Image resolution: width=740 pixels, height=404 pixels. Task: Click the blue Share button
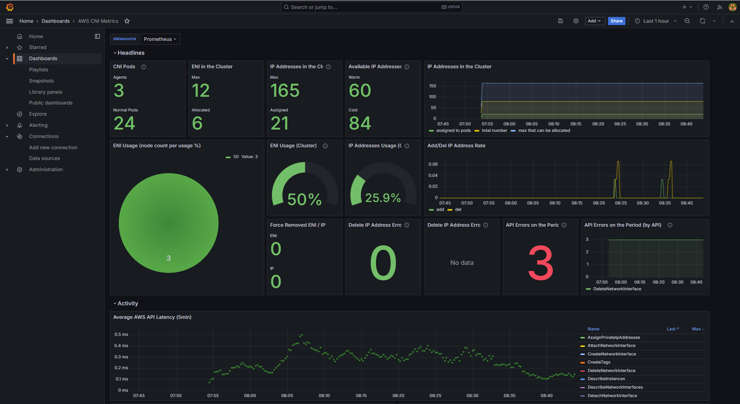[616, 21]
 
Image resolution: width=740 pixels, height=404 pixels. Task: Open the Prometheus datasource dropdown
[160, 39]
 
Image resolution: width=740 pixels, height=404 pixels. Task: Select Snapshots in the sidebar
[41, 81]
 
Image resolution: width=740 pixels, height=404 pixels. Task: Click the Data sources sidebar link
[44, 158]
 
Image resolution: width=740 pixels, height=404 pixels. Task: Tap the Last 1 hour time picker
[656, 21]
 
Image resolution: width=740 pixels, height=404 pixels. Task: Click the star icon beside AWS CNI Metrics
[127, 21]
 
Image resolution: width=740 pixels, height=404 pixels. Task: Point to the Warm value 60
[360, 91]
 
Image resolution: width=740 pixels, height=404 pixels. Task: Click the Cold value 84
[360, 123]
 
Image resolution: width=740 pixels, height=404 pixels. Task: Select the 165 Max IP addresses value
[285, 91]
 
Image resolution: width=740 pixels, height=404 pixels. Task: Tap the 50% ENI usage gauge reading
[304, 199]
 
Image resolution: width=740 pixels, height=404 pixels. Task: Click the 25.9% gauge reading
[383, 198]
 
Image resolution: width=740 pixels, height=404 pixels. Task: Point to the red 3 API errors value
[541, 263]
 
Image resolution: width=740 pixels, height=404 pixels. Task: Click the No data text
[462, 263]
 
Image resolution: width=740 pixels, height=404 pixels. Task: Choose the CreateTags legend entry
[599, 362]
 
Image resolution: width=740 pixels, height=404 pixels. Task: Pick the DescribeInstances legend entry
[606, 379]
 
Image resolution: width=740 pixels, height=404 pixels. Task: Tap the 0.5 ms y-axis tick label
[121, 335]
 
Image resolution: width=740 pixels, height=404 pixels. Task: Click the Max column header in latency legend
[698, 329]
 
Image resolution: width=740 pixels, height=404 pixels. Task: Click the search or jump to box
[372, 7]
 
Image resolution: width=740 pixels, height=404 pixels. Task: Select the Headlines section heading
[131, 53]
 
